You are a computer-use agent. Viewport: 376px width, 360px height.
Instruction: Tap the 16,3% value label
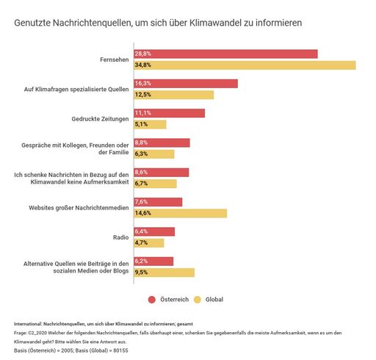142,83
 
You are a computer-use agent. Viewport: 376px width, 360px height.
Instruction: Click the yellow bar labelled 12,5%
173,95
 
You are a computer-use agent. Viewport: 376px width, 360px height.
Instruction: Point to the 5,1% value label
141,125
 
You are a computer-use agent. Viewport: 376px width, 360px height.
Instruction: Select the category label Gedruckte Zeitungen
101,119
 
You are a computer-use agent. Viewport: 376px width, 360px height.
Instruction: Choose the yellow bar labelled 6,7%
155,184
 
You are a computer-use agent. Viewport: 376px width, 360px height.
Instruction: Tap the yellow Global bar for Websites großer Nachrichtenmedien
180,213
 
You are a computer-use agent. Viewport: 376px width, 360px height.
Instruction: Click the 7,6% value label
142,202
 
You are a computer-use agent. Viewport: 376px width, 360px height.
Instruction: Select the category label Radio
121,237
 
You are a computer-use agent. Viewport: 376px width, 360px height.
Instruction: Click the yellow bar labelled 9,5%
164,273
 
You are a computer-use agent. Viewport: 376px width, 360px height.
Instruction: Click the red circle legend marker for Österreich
152,300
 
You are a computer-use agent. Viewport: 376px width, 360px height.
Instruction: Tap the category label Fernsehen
115,60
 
